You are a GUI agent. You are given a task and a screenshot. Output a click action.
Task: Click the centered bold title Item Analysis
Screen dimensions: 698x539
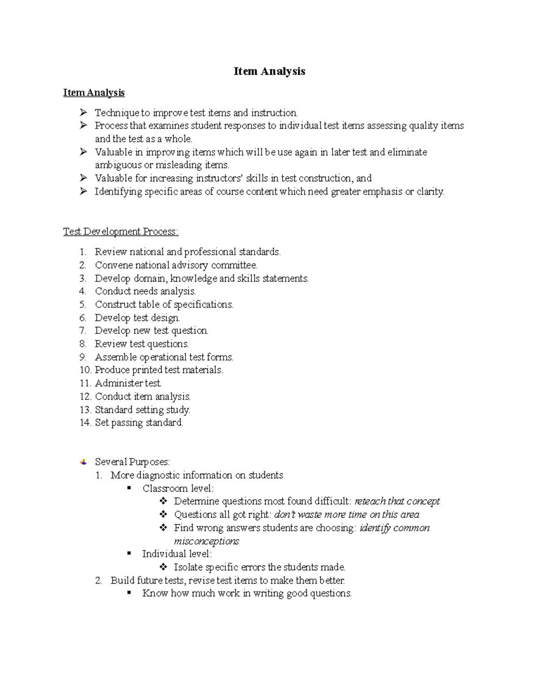tap(269, 71)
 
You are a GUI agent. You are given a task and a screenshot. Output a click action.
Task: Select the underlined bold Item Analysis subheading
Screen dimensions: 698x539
tap(94, 93)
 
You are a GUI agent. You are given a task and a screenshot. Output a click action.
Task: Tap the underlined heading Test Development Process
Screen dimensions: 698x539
tap(120, 231)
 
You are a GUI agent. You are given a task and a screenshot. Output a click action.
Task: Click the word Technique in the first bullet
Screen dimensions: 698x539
tap(117, 113)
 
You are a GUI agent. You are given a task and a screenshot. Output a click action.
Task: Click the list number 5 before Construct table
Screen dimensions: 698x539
tap(82, 305)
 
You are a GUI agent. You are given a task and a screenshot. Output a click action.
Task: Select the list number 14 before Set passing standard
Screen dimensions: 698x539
tap(85, 423)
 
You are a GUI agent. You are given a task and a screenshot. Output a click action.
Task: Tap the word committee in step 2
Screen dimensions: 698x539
tap(234, 265)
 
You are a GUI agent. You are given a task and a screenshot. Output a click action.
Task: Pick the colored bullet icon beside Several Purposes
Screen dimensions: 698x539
tap(84, 462)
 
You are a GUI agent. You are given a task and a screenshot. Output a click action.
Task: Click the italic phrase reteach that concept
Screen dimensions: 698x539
tap(397, 501)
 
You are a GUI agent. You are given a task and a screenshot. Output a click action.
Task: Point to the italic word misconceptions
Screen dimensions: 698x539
tap(206, 541)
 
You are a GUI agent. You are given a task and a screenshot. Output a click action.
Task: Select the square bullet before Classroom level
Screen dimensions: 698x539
tap(129, 488)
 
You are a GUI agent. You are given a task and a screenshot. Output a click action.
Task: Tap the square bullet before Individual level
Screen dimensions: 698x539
tap(129, 554)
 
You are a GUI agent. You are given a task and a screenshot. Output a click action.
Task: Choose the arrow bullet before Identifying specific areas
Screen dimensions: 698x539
tap(83, 191)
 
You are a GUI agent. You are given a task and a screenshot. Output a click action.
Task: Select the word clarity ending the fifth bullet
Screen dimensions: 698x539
tap(430, 191)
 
